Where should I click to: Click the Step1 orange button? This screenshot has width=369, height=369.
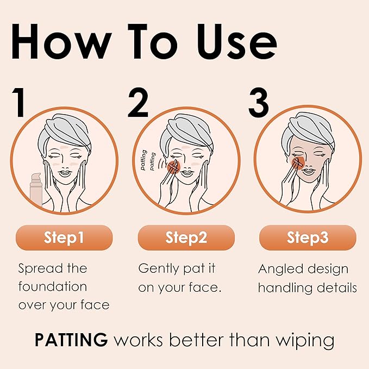[64, 237]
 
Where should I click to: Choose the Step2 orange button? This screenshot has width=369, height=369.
[186, 237]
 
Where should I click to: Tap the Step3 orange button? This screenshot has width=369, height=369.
[308, 237]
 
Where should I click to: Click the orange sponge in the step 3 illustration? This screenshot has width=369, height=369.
[298, 162]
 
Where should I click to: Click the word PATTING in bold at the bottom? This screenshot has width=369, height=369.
[71, 341]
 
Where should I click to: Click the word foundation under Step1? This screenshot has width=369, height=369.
[53, 286]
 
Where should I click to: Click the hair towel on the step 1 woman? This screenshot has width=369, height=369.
[68, 128]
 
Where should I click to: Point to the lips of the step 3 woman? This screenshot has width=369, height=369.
[308, 172]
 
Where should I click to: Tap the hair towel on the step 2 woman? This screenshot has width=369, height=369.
[187, 128]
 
